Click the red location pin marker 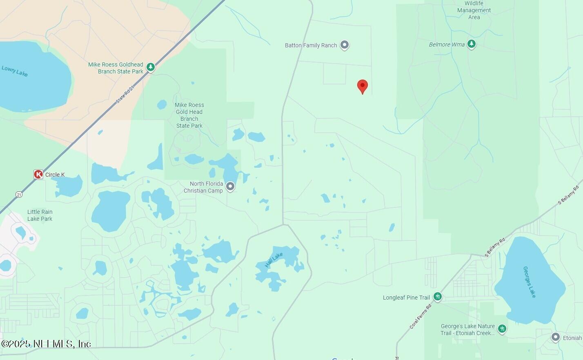point(362,86)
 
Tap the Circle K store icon point(38,175)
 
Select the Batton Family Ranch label point(311,45)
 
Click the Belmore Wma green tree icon point(472,44)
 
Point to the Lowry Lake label point(15,71)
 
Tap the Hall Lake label point(274,260)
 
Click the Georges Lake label point(530,282)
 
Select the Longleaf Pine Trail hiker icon point(438,297)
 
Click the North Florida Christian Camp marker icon point(230,187)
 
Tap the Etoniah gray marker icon point(555,338)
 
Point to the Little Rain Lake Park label point(40,215)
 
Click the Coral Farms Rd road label point(421,316)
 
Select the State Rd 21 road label point(125,94)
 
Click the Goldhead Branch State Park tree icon point(151,67)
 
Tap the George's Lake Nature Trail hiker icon point(502,329)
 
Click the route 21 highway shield point(19,195)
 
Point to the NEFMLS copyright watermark point(46,344)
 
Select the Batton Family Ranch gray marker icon point(345,45)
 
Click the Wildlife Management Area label point(474,10)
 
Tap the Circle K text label point(55,175)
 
